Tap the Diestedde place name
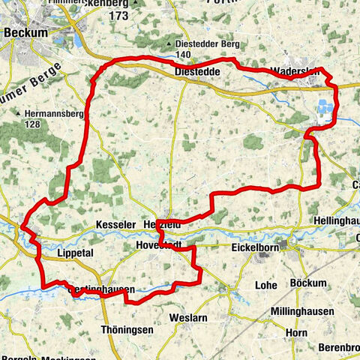pyautogui.click(x=196, y=71)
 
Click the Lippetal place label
pyautogui.click(x=74, y=253)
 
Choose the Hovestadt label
pyautogui.click(x=159, y=246)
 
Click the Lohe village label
pyautogui.click(x=265, y=285)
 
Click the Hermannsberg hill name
pyautogui.click(x=43, y=113)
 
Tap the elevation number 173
pyautogui.click(x=117, y=15)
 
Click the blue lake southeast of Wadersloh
pyautogui.click(x=322, y=109)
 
